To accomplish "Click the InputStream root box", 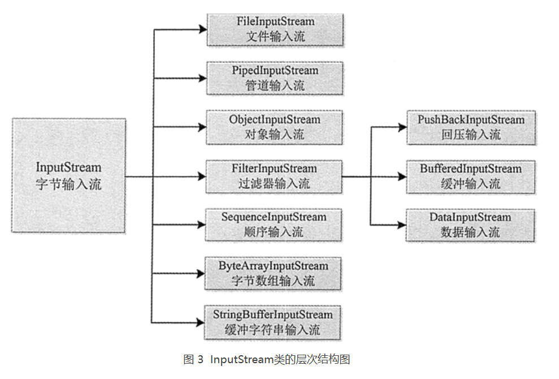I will coord(68,175).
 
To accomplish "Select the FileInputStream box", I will coord(275,29).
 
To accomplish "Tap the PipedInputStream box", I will coord(275,78).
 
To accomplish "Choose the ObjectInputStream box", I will coord(275,127).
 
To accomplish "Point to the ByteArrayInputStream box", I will coord(274,273).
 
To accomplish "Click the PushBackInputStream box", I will coord(471,127).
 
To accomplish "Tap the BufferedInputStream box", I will coord(471,176).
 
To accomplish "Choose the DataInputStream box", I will coord(471,225).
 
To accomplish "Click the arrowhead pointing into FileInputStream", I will coord(202,28).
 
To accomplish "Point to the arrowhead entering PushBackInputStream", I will coord(402,127).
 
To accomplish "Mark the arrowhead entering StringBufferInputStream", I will coord(202,321).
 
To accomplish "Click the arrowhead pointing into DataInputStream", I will coord(402,225).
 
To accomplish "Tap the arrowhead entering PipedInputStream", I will coord(202,77).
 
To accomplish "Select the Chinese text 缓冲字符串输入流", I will coord(273,330).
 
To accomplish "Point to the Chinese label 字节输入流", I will coord(68,184).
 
